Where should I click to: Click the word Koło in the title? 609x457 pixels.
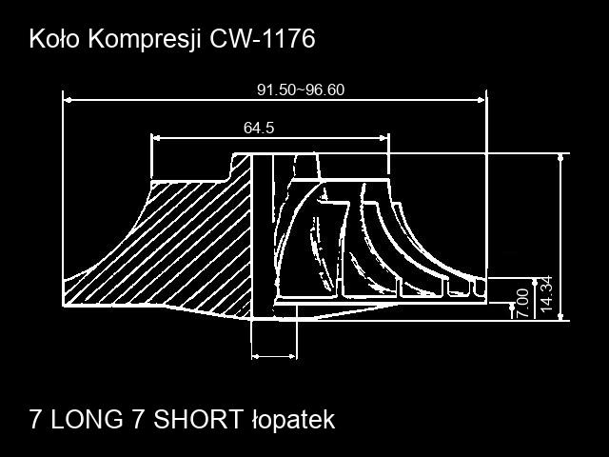(54, 39)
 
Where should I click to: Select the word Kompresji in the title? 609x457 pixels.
(145, 40)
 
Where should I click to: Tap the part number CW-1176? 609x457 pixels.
(263, 39)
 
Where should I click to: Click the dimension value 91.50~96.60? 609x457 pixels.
(301, 89)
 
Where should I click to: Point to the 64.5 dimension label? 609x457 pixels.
(259, 128)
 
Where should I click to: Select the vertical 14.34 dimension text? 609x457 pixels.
(546, 294)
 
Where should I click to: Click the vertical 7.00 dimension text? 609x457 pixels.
(523, 303)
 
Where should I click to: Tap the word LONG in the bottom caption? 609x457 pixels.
(87, 419)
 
